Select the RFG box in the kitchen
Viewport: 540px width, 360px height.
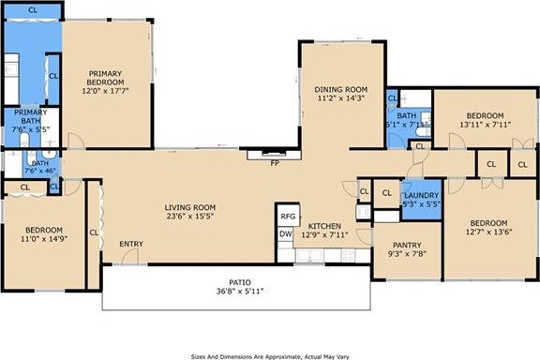tap(288, 217)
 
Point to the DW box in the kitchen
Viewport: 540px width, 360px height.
tap(287, 233)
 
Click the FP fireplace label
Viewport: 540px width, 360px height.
tap(276, 163)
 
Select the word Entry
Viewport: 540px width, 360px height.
tap(131, 245)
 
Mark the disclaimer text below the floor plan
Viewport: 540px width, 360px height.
tap(270, 355)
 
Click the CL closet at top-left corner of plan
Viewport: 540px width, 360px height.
tap(33, 10)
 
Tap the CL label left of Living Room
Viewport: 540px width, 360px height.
tap(94, 232)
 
